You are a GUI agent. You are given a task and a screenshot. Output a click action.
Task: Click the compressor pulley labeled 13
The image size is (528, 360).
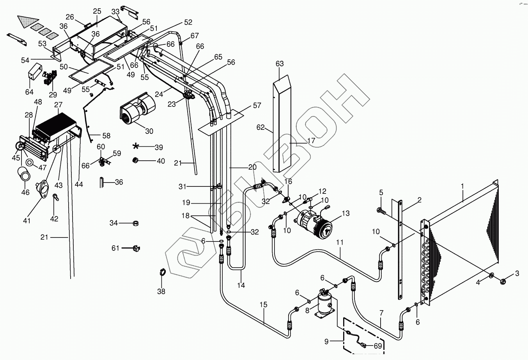(323, 227)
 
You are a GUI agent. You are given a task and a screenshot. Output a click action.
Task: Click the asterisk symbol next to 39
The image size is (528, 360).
(136, 146)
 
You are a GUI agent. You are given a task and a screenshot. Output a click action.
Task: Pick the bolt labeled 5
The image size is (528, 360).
(381, 211)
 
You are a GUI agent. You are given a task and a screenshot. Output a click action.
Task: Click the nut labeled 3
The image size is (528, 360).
(502, 280)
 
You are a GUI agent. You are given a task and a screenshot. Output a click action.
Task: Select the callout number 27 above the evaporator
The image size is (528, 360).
(58, 105)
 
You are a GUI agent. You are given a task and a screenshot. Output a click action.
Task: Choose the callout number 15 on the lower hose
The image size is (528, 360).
(264, 305)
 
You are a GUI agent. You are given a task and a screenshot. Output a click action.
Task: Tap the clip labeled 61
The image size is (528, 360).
(136, 248)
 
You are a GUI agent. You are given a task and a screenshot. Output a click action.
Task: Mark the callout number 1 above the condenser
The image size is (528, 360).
(462, 186)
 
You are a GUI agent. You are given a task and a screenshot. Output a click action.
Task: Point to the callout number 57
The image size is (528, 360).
(257, 105)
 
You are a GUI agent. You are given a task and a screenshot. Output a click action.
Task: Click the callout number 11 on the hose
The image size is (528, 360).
(340, 243)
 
